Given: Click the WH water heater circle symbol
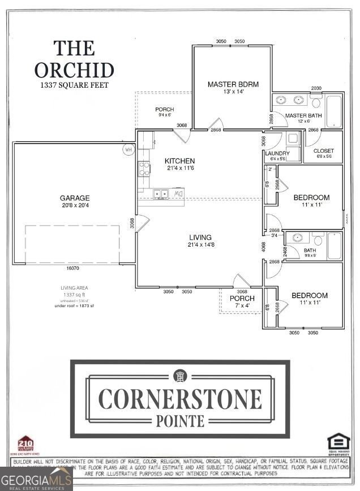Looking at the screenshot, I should [128, 150].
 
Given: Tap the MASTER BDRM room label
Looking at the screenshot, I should [233, 84].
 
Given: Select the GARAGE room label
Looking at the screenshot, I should [75, 198].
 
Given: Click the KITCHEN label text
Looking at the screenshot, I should [179, 161].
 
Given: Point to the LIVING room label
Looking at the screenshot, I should [200, 238].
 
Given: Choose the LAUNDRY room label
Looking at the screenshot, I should [277, 153].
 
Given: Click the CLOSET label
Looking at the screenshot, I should [323, 150].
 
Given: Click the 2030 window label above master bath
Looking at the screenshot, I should [316, 88].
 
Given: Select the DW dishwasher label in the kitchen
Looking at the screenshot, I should [178, 194].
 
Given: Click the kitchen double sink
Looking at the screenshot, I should [161, 194].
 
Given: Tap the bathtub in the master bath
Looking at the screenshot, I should [334, 110].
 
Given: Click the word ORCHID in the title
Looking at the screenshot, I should [74, 70].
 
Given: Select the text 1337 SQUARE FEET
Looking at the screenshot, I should [74, 85].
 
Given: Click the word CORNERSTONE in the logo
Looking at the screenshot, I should [180, 399].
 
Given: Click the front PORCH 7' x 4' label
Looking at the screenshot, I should [242, 302].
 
